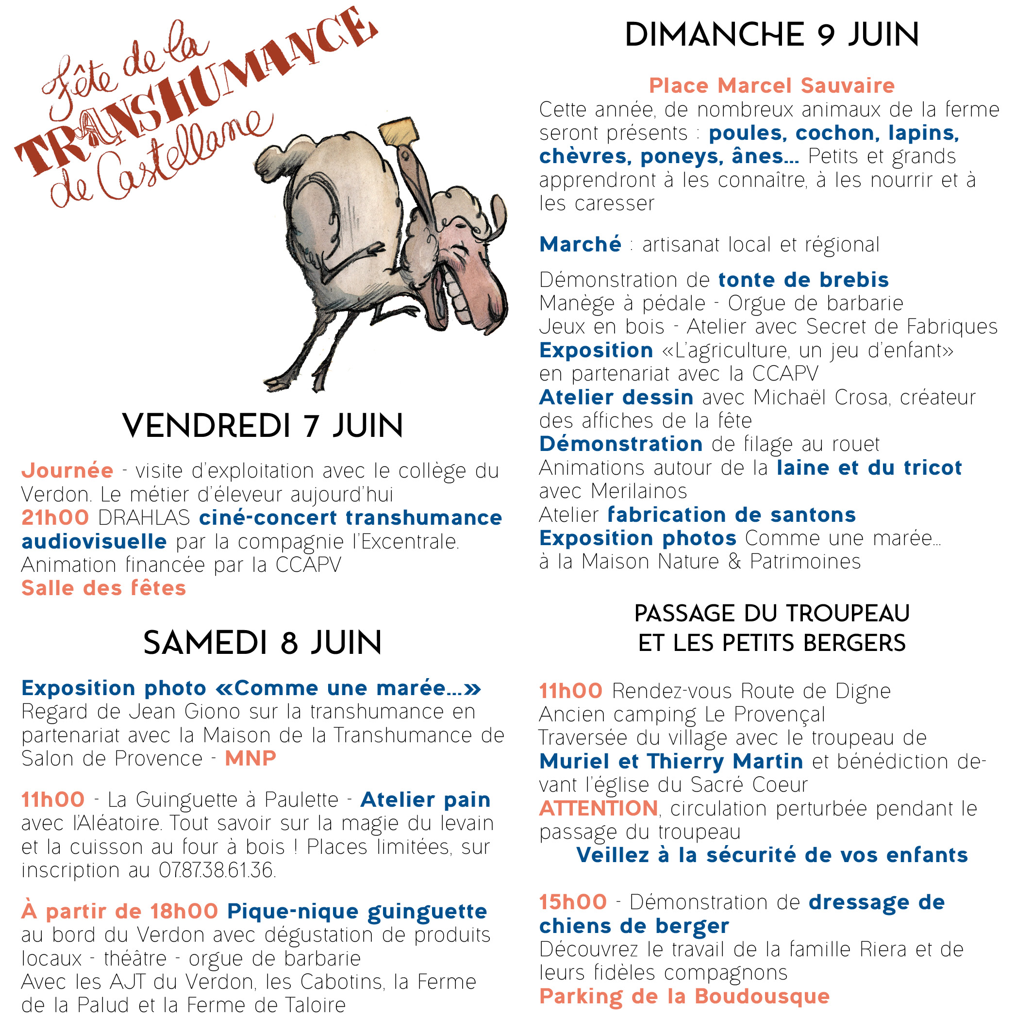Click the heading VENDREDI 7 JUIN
point(262,426)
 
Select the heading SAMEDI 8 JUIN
point(262,643)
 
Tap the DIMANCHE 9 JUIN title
point(771,35)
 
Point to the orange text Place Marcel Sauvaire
point(771,85)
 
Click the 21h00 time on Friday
point(55,517)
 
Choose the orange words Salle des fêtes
point(103,588)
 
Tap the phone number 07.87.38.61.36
point(217,870)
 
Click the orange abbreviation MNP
point(250,758)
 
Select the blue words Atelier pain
point(425,799)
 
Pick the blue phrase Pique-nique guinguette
point(357,911)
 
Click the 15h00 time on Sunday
point(573,902)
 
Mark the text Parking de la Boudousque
point(684,996)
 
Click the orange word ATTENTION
point(598,808)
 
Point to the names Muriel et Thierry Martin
point(671,761)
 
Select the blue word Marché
point(580,245)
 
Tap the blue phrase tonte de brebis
point(803,280)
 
